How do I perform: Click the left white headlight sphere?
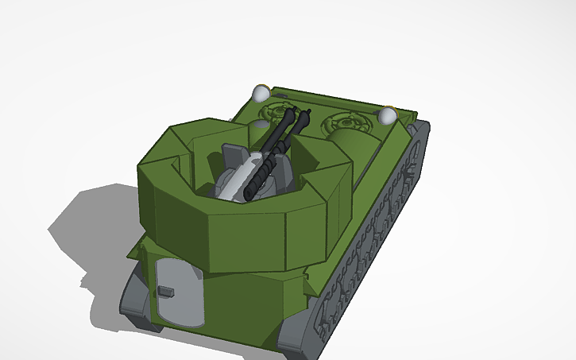point(261,93)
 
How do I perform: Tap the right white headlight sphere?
point(387,116)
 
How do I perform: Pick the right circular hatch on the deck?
point(347,122)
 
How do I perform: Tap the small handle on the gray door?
point(165,292)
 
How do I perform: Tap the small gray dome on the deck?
point(261,125)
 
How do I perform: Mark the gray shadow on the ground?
point(87,230)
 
